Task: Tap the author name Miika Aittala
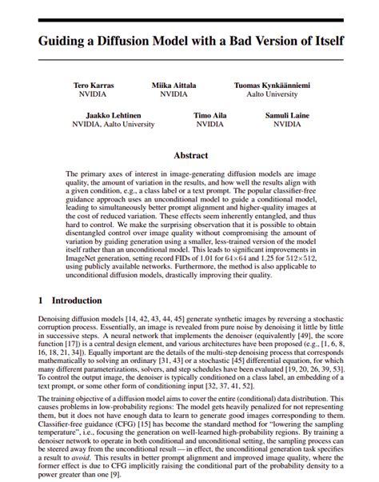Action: click(174, 84)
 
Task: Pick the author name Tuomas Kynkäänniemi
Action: click(272, 84)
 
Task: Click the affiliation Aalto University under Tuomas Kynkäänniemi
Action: click(272, 94)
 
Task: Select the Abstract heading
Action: click(189, 155)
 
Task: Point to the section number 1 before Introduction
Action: click(41, 301)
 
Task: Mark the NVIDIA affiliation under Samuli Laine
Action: click(287, 125)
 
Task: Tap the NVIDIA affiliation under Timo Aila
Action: click(210, 125)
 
